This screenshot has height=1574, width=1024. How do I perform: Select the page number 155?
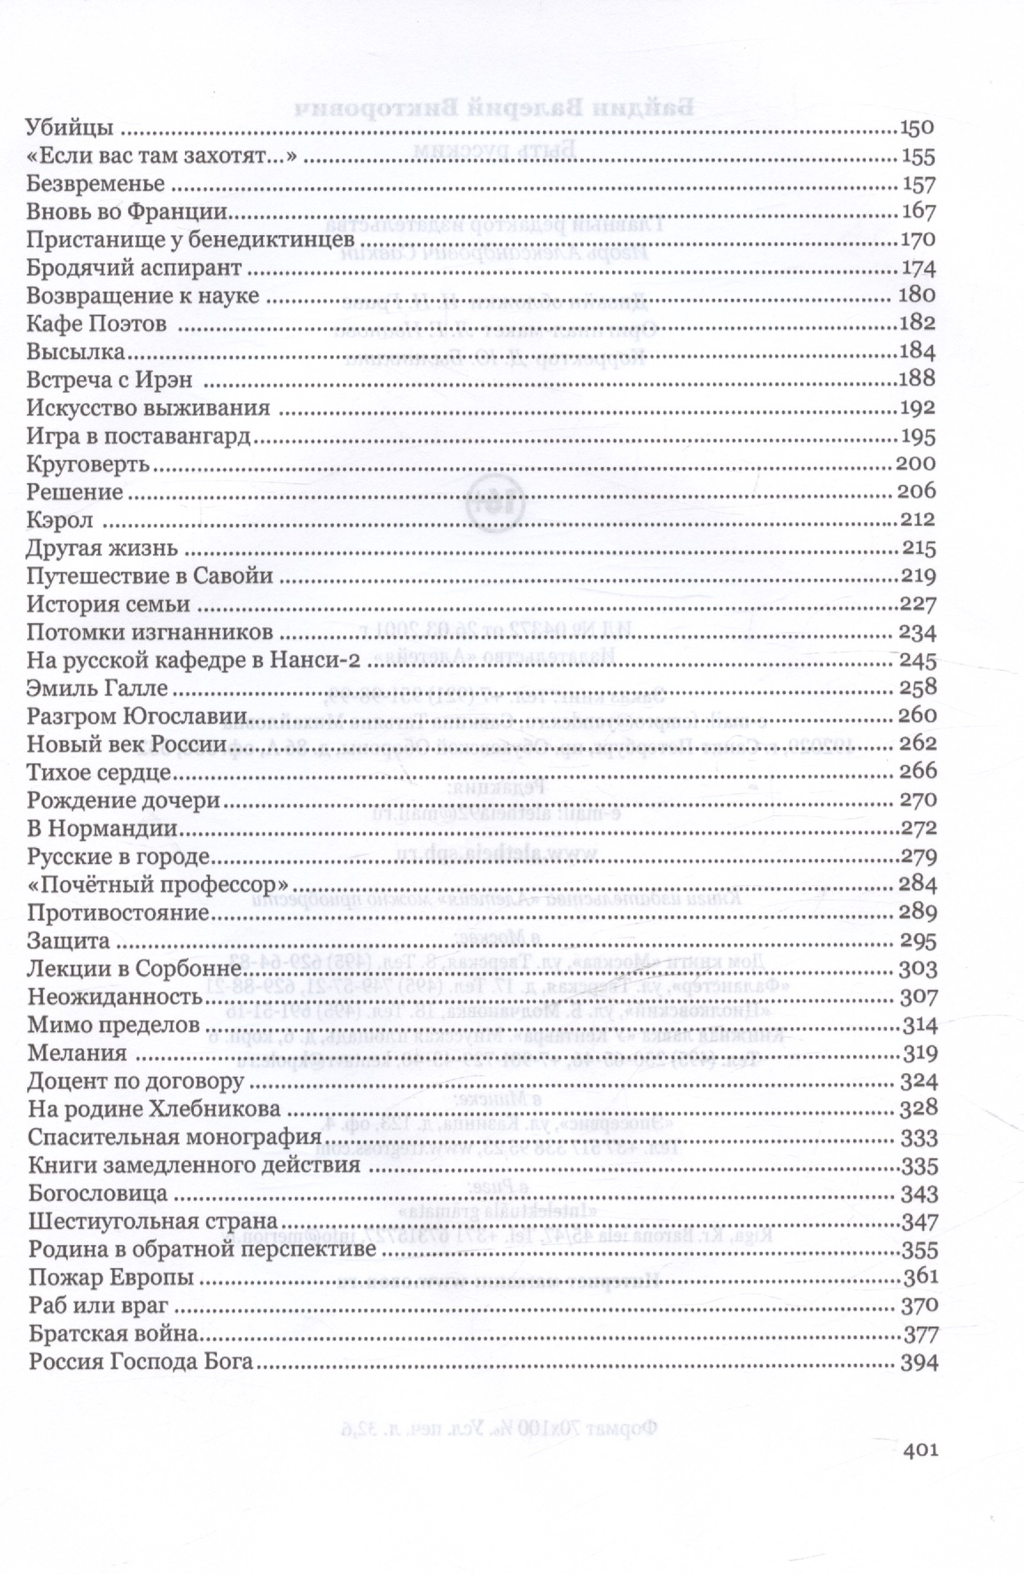918,157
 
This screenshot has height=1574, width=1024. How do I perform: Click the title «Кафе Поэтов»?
95,324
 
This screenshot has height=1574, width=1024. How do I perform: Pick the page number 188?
918,379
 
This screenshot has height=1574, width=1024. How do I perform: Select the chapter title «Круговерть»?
89,464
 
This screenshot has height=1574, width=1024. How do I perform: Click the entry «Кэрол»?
60,520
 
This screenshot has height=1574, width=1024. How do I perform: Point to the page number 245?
918,661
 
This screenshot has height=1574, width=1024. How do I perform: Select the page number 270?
918,801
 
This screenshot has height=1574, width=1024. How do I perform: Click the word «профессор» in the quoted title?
218,885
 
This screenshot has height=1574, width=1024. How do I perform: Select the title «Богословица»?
98,1194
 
